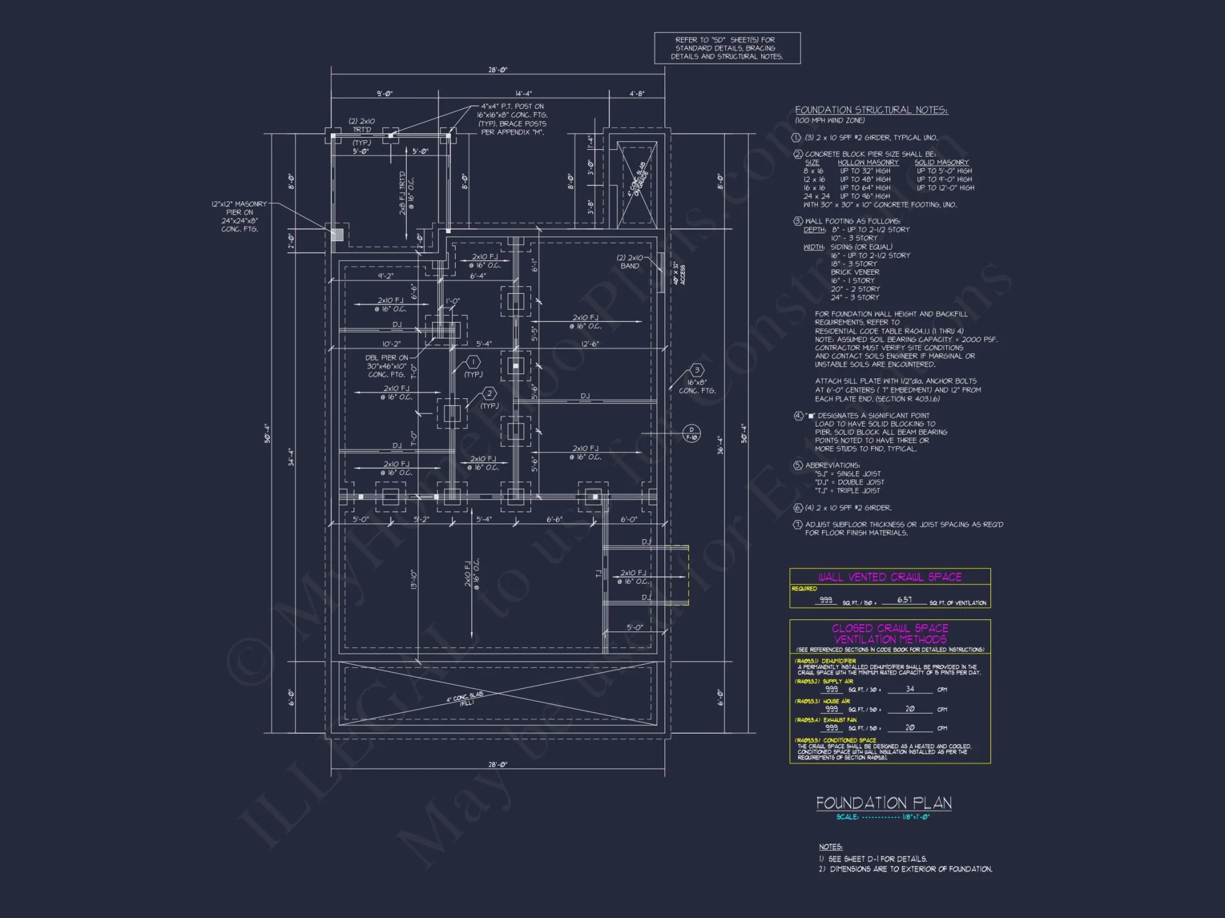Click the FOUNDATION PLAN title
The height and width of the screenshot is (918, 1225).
tap(883, 802)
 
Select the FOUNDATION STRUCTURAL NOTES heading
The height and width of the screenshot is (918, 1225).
tap(871, 110)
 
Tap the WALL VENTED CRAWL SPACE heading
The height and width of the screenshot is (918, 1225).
tap(889, 577)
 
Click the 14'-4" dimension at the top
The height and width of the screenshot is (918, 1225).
tap(524, 94)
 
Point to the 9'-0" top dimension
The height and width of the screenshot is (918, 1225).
tap(384, 94)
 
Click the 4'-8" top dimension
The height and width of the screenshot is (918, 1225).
tap(637, 94)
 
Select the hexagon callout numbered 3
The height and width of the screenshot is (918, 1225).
tap(696, 370)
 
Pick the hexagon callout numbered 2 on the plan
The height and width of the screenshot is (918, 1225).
tap(489, 394)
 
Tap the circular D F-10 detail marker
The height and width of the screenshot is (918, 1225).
tap(692, 433)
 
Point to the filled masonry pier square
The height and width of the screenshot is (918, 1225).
tap(337, 234)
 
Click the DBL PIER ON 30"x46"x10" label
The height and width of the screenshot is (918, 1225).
tap(386, 366)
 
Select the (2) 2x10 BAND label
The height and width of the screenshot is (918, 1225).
tap(630, 261)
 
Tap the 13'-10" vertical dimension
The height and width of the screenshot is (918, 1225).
tap(414, 579)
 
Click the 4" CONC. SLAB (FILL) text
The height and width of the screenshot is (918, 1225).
tap(465, 699)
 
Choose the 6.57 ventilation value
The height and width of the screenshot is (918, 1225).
tap(904, 600)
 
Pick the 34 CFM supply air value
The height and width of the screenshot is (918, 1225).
tap(910, 689)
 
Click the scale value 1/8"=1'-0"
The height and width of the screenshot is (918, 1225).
tap(916, 817)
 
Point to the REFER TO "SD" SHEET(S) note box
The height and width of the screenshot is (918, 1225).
tap(727, 48)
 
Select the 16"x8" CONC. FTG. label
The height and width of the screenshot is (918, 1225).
tap(697, 386)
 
